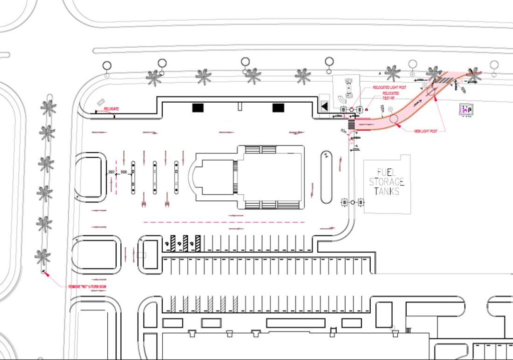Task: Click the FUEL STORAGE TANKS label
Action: click(387, 181)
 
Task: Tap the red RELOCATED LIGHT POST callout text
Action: click(389, 88)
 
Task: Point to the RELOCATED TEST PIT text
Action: click(391, 95)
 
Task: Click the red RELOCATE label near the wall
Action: click(111, 108)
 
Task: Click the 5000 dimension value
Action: click(124, 172)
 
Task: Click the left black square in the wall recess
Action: click(198, 107)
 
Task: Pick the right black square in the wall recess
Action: click(279, 107)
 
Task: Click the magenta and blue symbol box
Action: click(467, 109)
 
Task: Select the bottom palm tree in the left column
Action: click(43, 257)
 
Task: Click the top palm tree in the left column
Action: click(49, 107)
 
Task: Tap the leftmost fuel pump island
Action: click(133, 177)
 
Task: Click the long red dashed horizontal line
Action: click(224, 222)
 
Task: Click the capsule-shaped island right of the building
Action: click(326, 177)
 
